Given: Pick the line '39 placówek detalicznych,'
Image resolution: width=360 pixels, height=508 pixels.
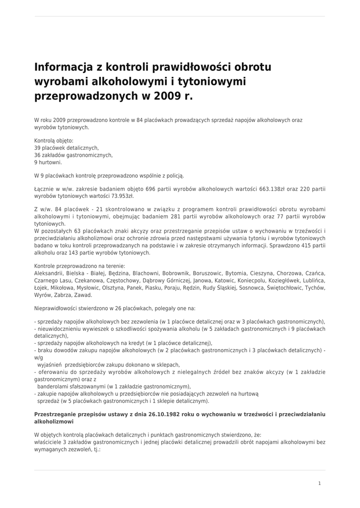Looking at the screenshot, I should point(67,148).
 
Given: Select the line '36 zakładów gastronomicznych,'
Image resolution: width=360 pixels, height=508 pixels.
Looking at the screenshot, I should point(73,155).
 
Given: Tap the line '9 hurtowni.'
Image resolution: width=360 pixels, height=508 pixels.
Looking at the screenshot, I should point(48,162).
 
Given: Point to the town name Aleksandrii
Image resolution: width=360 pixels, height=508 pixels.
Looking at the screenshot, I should point(49,273).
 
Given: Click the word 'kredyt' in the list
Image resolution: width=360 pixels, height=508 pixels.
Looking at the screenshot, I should point(143,343).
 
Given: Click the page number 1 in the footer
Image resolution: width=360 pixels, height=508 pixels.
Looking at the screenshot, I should point(320,483).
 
